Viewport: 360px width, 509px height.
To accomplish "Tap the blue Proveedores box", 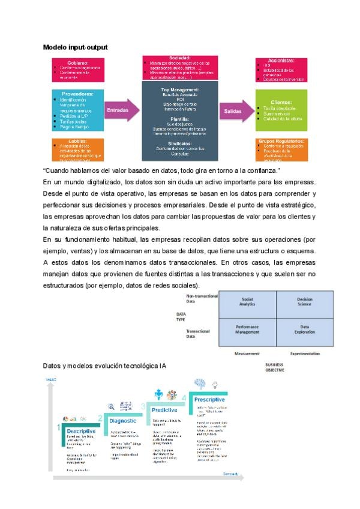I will [77, 110].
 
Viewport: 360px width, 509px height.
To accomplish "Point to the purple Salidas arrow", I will [238, 111].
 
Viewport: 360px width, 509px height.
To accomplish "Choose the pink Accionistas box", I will [281, 70].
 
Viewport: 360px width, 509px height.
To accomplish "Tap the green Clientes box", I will [281, 110].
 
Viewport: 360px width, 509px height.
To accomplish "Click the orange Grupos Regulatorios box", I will [281, 149].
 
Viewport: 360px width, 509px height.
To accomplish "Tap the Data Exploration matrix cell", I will [304, 329].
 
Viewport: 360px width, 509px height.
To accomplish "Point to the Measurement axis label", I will [247, 354].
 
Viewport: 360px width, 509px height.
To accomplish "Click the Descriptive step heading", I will [81, 431].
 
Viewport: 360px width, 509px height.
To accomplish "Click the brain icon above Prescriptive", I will [200, 383].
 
